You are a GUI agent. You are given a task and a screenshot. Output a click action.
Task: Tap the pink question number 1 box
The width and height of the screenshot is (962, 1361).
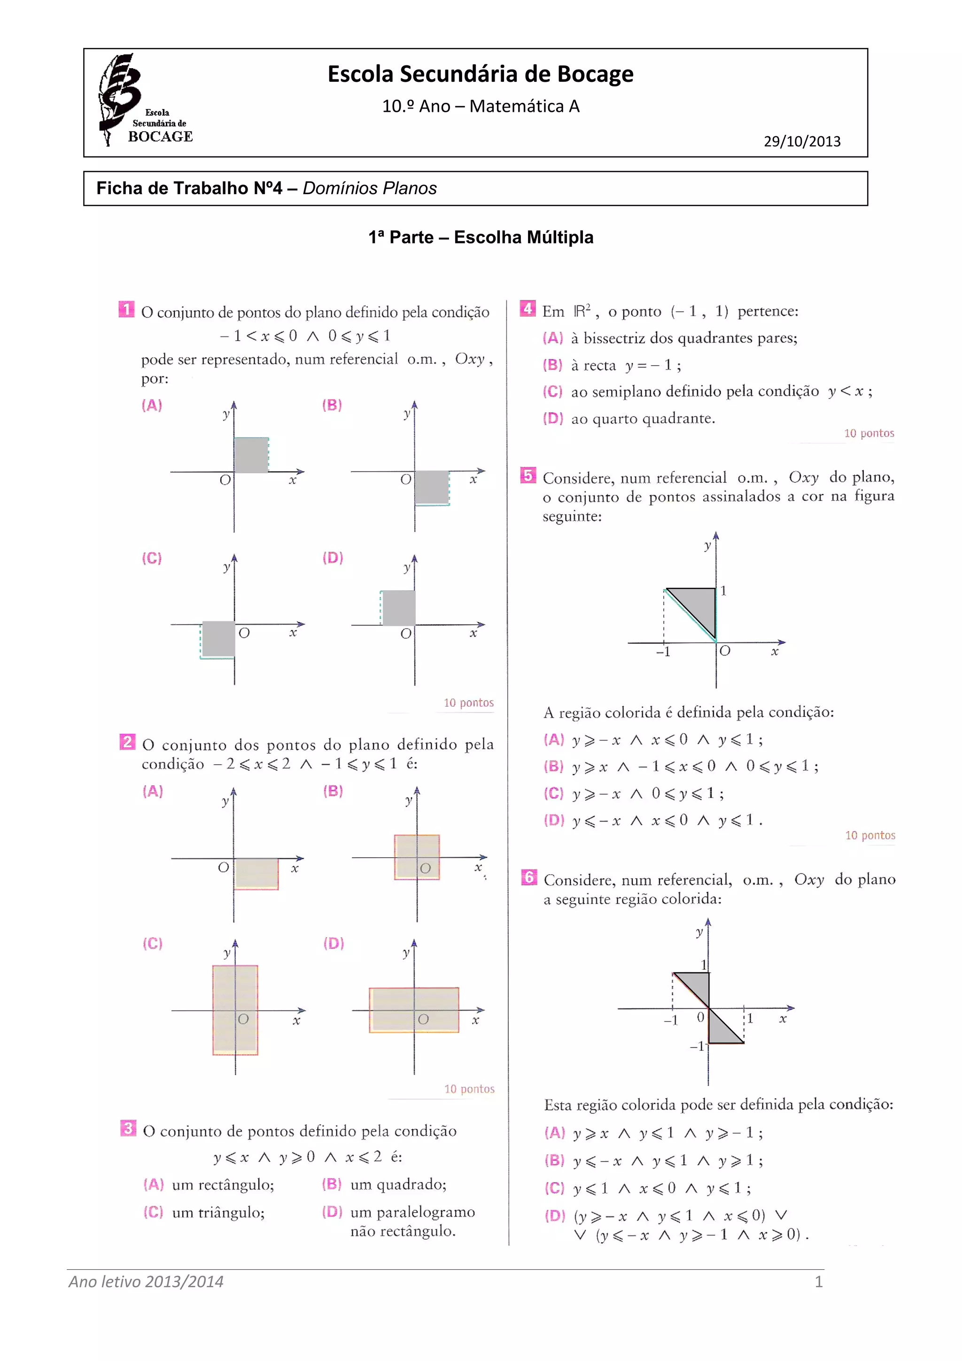click(126, 309)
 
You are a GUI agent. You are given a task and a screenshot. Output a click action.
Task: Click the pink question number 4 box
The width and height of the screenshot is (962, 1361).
click(527, 308)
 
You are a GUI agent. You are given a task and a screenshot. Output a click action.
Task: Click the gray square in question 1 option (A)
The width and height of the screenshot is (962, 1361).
click(251, 454)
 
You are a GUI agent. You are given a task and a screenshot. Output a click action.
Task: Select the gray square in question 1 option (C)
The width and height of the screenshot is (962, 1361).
click(218, 639)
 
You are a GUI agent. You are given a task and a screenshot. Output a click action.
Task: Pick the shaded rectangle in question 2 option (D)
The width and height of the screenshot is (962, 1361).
click(413, 1009)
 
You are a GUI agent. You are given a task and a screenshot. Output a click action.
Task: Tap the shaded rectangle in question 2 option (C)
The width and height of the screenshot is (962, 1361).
click(235, 1009)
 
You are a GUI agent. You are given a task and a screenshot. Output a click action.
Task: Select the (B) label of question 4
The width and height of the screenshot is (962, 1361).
click(552, 365)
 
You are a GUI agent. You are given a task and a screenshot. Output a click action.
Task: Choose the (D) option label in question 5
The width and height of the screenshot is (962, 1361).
click(554, 821)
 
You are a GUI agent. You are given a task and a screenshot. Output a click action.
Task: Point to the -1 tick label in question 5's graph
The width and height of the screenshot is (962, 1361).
click(663, 652)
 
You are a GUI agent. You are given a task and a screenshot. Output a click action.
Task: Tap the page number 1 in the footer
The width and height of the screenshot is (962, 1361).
click(818, 1282)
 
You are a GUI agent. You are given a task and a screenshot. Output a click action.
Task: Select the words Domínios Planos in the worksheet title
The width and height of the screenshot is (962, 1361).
click(370, 188)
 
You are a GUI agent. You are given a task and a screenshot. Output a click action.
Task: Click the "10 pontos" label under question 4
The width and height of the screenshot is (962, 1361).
click(869, 433)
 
